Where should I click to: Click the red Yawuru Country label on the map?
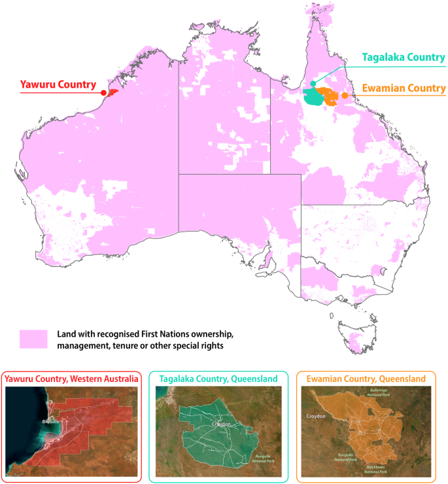58,84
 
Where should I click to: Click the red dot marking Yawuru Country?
103,93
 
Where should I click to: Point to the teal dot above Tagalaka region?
313,84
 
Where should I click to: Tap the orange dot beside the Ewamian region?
345,95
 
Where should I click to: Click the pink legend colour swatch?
33,339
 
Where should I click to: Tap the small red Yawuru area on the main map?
112,92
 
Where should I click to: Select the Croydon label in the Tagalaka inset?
222,424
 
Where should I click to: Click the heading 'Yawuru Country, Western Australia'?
71,379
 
